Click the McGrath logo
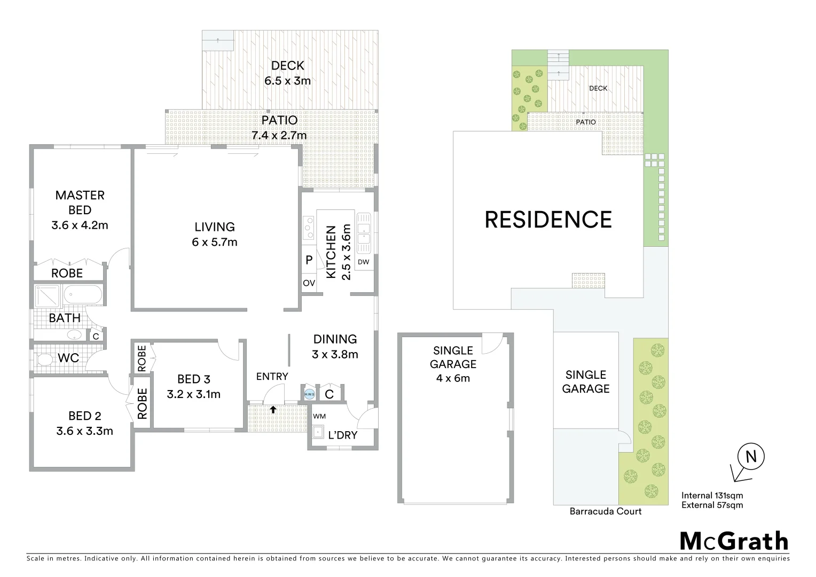tap(734, 541)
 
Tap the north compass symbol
tap(750, 457)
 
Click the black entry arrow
tap(273, 410)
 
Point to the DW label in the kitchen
tap(364, 262)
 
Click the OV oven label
tap(309, 283)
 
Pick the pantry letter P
tap(309, 261)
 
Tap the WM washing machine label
tap(319, 416)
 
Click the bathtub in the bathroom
tap(82, 295)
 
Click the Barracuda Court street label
tap(605, 511)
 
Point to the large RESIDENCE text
tap(548, 220)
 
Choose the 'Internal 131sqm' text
tap(712, 495)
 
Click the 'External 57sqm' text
tap(712, 505)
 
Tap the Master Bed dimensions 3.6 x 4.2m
tap(80, 225)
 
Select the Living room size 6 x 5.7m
tap(215, 242)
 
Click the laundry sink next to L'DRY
tap(319, 431)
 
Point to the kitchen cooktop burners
tap(309, 228)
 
